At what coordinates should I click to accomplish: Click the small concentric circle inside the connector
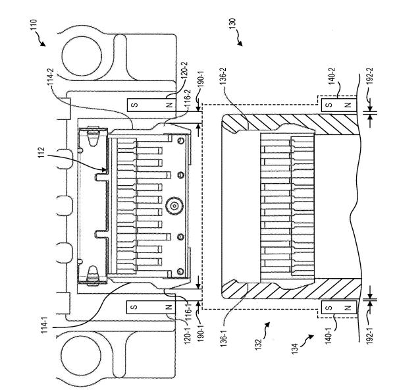(174, 208)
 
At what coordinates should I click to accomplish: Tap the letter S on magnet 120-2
(134, 105)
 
